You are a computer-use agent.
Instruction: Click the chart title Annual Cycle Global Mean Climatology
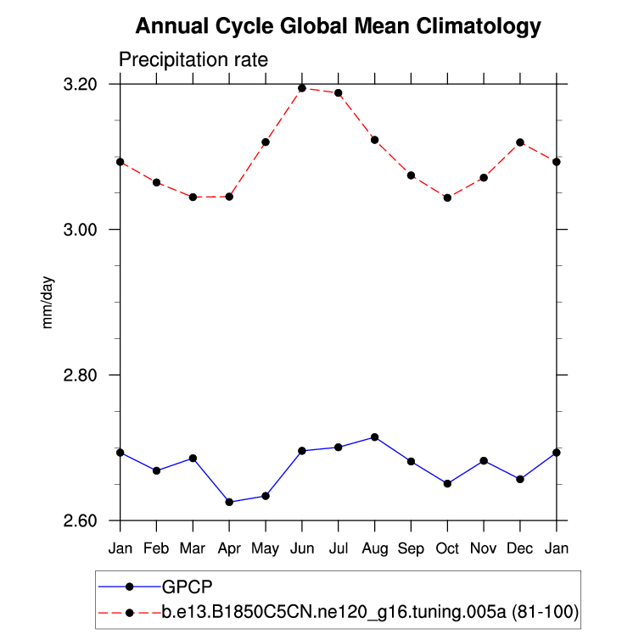[x=338, y=26]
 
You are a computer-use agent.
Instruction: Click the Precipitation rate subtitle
[x=193, y=60]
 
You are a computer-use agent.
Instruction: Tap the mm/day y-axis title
[x=48, y=303]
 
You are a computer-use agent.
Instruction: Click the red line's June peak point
[x=302, y=88]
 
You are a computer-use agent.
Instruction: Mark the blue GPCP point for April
[x=229, y=502]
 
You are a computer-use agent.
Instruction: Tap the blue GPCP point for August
[x=374, y=437]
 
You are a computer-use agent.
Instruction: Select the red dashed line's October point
[x=447, y=197]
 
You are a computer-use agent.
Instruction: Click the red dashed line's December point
[x=520, y=142]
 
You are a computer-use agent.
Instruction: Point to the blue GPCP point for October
[x=447, y=483]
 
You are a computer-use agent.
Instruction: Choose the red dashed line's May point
[x=266, y=142]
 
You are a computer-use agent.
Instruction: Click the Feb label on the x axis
[x=156, y=549]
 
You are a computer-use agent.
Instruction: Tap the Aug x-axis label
[x=374, y=549]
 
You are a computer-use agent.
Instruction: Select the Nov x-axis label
[x=484, y=549]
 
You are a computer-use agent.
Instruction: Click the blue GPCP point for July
[x=339, y=447]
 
